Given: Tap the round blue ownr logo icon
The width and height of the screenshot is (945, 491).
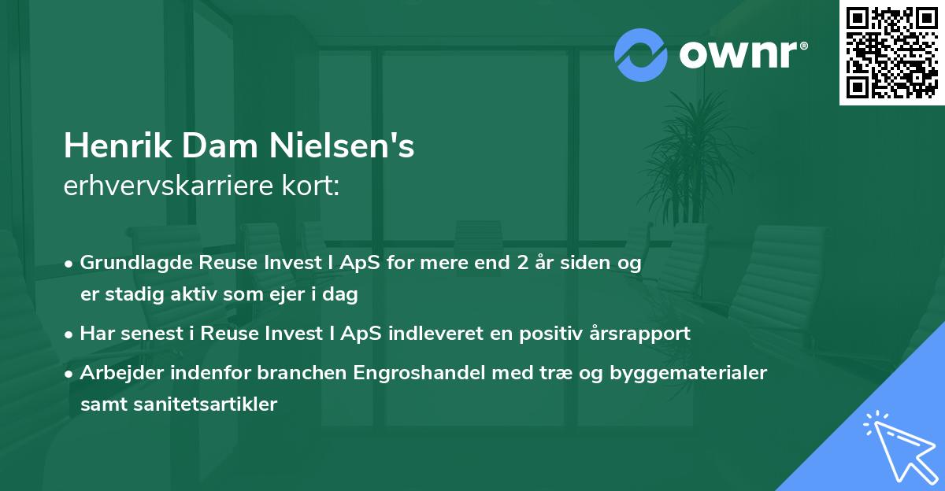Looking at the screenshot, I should tap(641, 54).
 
